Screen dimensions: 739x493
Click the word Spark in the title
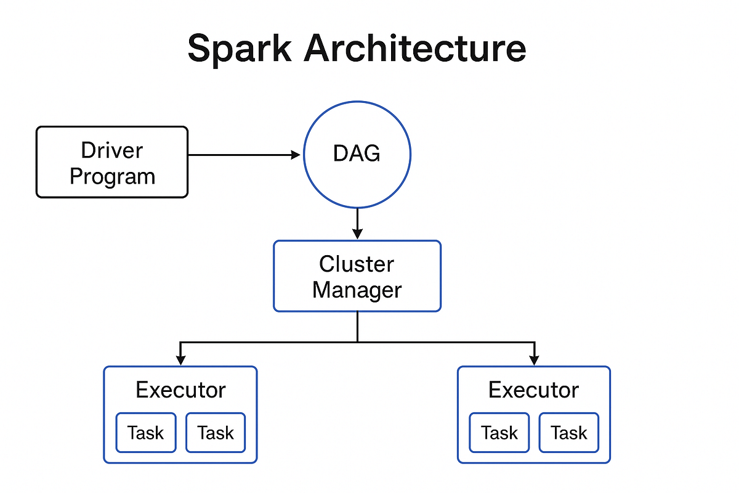point(240,49)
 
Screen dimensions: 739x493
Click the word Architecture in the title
point(414,48)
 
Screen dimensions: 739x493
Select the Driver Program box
point(112,162)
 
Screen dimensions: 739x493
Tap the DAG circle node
point(357,155)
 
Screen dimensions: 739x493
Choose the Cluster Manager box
point(357,276)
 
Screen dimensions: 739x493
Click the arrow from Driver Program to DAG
point(244,155)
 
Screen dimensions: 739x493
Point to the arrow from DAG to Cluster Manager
point(357,224)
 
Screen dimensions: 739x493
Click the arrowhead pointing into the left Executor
point(180,361)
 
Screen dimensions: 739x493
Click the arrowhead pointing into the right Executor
point(534,361)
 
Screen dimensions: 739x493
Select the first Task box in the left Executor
point(146,433)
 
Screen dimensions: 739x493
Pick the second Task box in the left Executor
point(216,433)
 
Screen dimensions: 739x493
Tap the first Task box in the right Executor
point(499,433)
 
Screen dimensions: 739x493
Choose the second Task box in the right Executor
point(569,433)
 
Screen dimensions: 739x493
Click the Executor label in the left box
point(181,390)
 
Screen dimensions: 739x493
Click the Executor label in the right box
point(534,390)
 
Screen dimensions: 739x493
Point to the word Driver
point(112,150)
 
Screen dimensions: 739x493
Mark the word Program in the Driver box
point(113,177)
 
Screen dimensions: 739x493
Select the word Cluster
point(357,264)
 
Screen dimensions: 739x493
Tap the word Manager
point(357,290)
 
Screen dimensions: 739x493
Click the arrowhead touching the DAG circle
point(296,155)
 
